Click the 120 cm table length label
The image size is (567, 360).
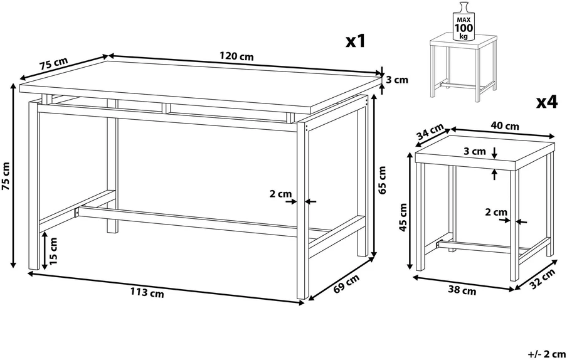point(236,56)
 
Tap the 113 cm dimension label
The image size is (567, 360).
point(147,292)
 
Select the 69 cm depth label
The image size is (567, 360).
point(346,283)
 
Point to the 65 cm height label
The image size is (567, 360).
point(382,180)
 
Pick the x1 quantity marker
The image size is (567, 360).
point(356,41)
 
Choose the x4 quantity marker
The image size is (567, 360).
point(548,102)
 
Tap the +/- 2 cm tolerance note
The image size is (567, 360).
point(546,353)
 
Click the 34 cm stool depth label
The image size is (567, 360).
point(430,132)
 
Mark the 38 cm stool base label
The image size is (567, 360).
point(462,290)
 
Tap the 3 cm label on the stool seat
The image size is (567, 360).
point(475,151)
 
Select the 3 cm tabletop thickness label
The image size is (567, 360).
point(397,80)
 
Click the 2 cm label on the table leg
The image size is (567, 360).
point(280,194)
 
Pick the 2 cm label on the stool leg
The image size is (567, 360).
point(496,212)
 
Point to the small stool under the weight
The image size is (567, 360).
point(463,67)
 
